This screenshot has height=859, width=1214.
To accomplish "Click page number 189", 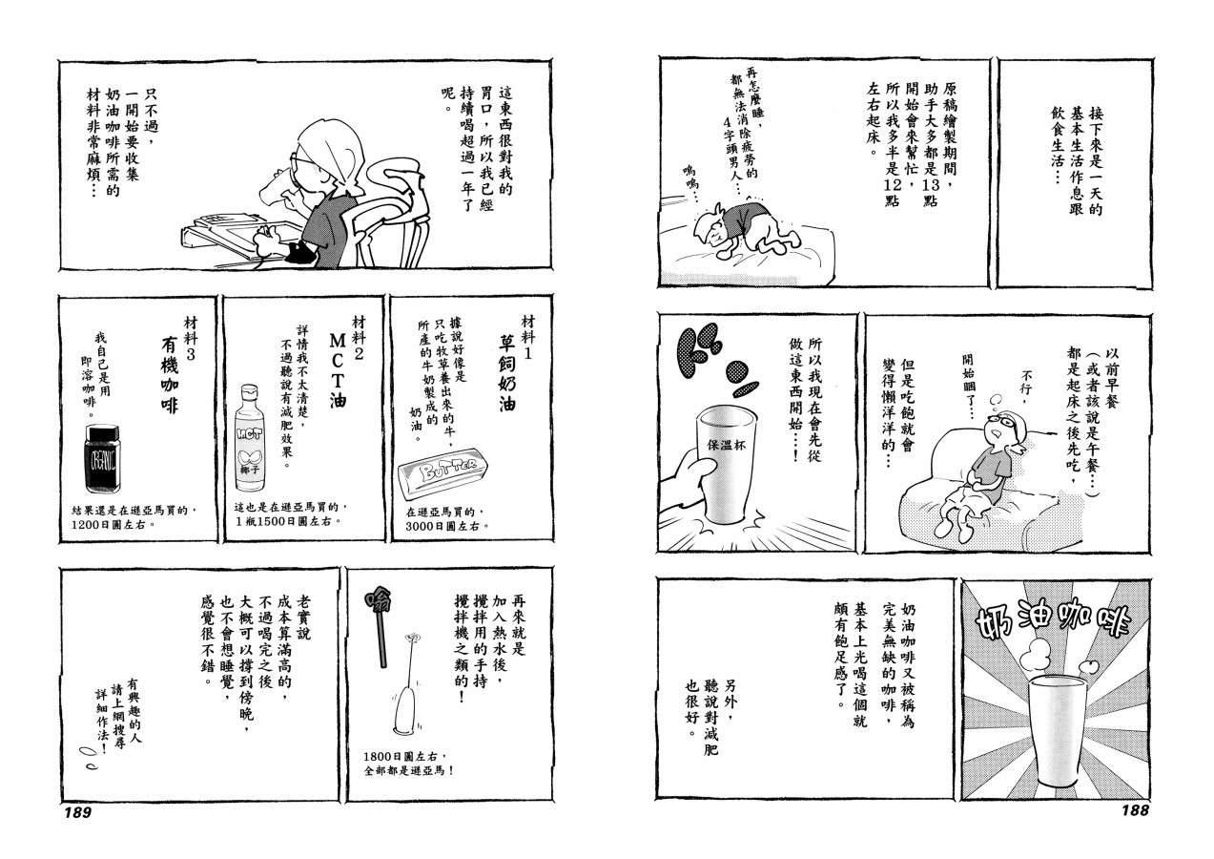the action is [77, 812].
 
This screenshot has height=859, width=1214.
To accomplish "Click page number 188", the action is [1135, 810].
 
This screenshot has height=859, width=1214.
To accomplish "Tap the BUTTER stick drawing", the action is [442, 472].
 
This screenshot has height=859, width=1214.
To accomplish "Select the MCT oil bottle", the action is [250, 438].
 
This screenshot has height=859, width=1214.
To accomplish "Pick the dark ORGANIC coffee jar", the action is [102, 459].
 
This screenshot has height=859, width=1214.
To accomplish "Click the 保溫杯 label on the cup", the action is [727, 445].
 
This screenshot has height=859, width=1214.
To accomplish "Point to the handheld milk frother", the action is [406, 684].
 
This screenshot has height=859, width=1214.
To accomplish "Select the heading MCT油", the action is [338, 370].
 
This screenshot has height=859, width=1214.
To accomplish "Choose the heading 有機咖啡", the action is [170, 374].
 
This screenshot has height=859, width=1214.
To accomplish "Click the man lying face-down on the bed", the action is [748, 230].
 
